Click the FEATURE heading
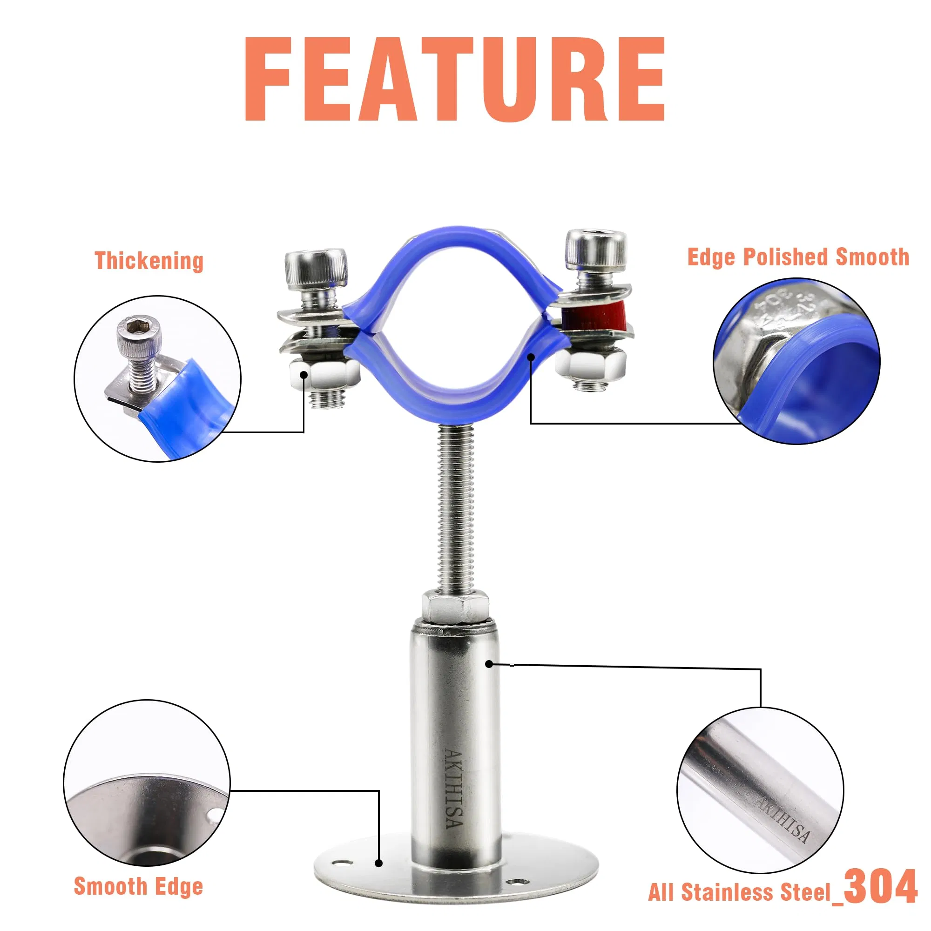coord(455,79)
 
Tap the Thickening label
coord(149,261)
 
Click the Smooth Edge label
coord(139,886)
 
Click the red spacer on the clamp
coord(595,315)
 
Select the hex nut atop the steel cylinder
coord(455,607)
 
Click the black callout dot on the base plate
coord(379,863)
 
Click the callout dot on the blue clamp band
coord(531,357)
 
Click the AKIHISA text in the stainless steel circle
coord(781,821)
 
